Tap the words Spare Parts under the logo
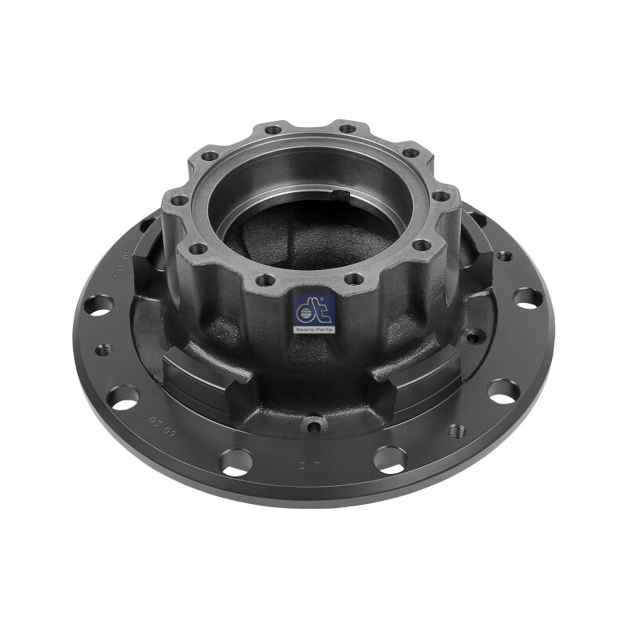tap(314, 330)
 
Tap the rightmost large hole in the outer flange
tap(527, 298)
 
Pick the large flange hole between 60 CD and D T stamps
tap(235, 461)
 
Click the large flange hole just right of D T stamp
tap(390, 459)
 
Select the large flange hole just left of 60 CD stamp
tap(123, 396)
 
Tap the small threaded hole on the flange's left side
tap(102, 351)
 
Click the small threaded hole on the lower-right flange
tap(455, 431)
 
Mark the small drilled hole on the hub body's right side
tap(472, 337)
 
